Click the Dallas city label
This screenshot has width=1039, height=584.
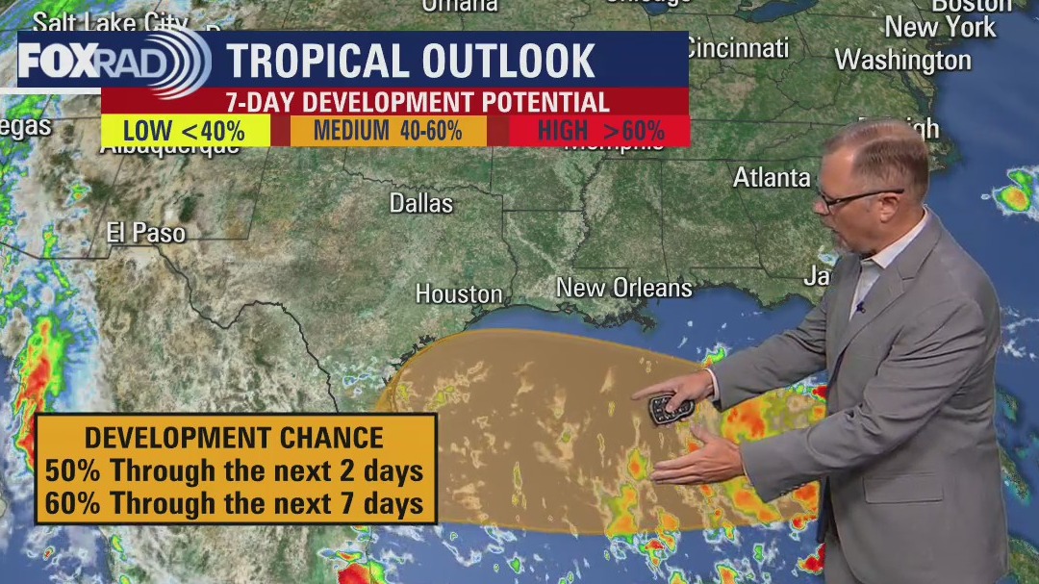420,203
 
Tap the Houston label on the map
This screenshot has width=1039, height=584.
459,293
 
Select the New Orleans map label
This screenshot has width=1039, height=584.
623,288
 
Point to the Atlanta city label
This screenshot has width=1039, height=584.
772,178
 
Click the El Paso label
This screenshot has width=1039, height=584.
146,232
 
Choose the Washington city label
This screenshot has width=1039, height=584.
902,60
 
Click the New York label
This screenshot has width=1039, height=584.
940,27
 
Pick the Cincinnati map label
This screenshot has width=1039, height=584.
736,47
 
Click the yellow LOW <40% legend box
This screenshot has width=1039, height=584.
185,131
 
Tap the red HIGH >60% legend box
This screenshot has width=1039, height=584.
600,131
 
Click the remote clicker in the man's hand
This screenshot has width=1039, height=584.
668,410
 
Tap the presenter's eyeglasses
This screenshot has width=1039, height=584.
856,198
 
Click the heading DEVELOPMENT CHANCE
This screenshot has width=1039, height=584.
234,438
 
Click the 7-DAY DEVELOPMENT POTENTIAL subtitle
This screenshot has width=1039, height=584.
417,102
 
